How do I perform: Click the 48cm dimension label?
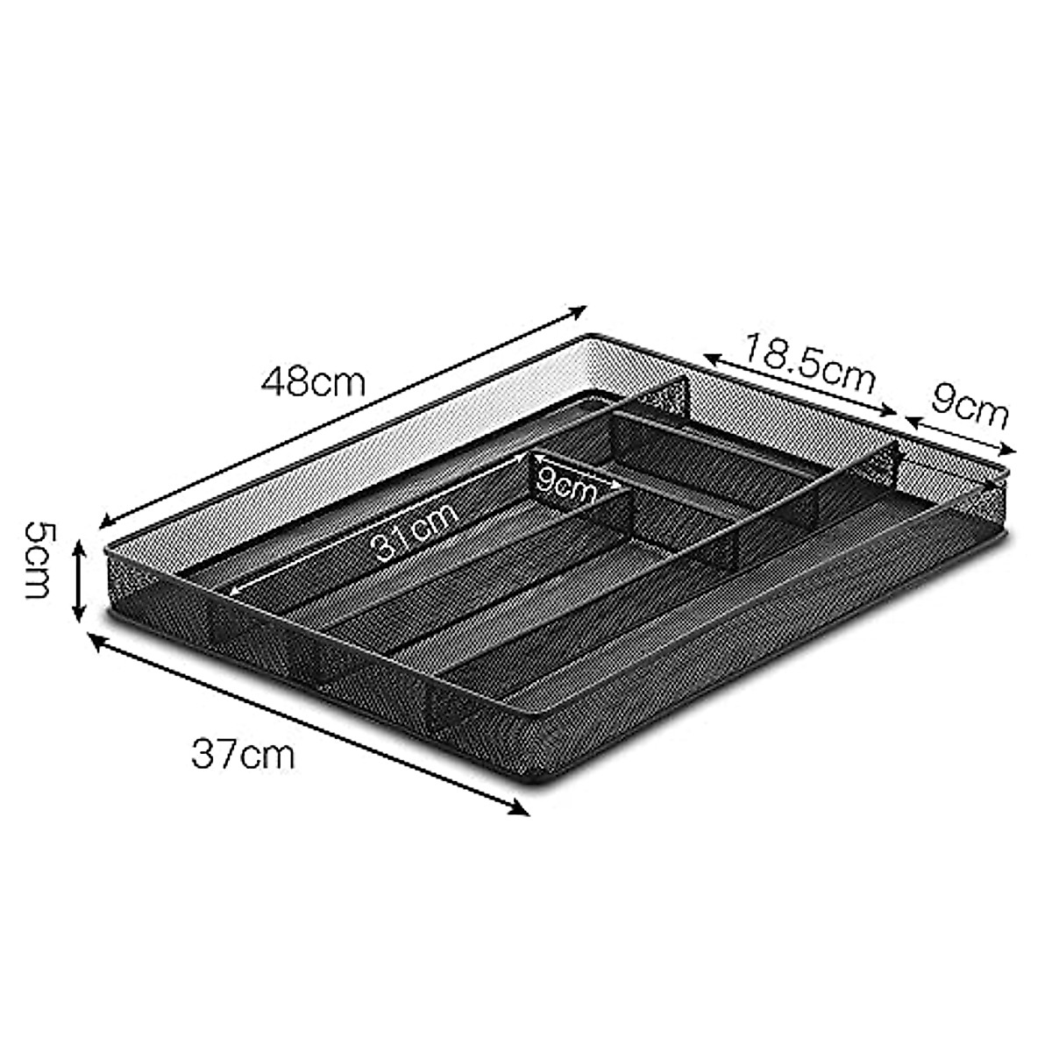tap(312, 382)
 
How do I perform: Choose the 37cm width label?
tap(244, 754)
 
